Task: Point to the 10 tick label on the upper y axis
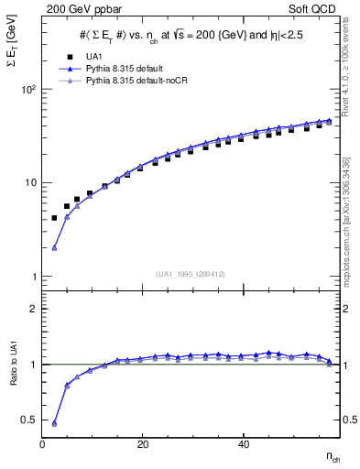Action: (31, 183)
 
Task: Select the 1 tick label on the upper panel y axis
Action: (34, 276)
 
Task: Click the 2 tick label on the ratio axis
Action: (34, 309)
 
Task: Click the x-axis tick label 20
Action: (143, 443)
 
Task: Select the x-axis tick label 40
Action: (243, 443)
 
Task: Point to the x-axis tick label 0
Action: (43, 443)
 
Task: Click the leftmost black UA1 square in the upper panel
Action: (54, 218)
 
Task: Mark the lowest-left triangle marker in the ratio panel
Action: (54, 423)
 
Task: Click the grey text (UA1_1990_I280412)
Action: (191, 273)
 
